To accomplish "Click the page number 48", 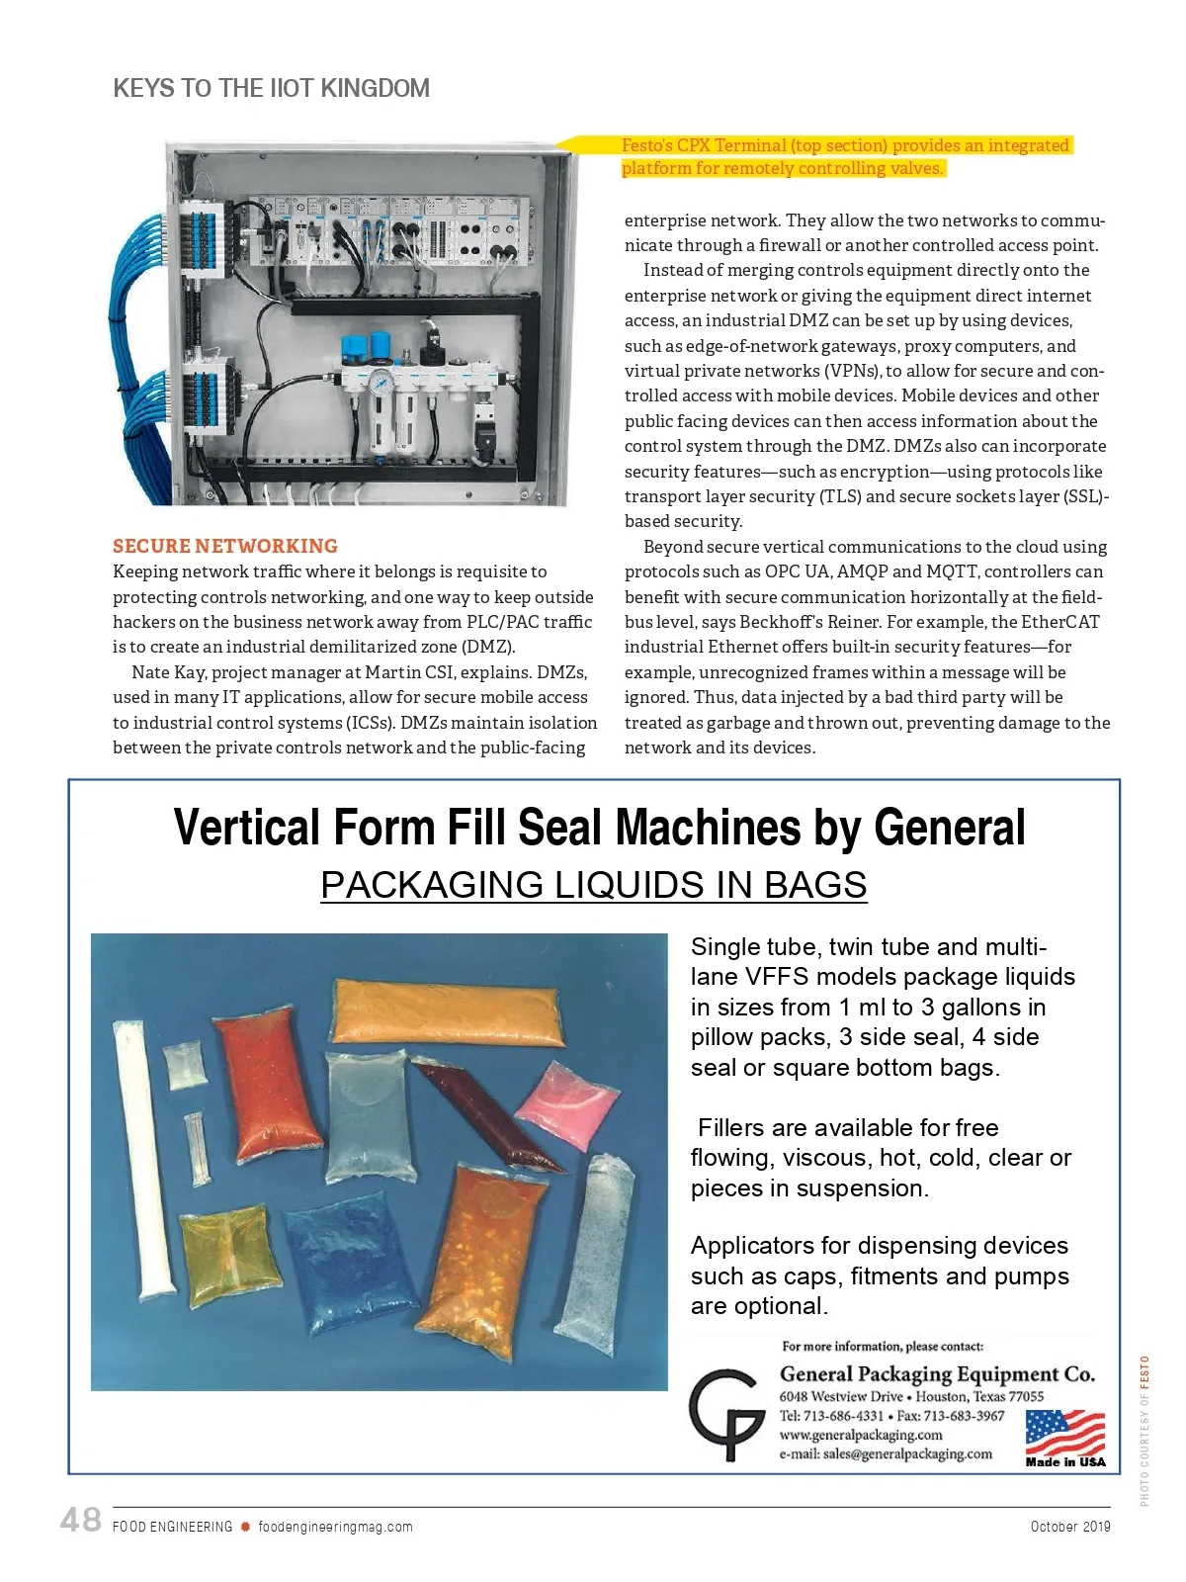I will tap(80, 1520).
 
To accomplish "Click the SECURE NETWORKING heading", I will tap(225, 546).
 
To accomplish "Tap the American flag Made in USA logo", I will tap(1064, 1438).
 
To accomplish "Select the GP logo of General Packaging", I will tap(726, 1414).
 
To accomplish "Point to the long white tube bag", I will tap(143, 1157).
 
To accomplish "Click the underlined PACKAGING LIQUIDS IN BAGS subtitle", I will tap(594, 884).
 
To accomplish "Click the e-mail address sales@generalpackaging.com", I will tap(886, 1453).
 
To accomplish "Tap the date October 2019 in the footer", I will tap(1069, 1527).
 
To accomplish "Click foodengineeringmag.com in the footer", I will tap(335, 1527).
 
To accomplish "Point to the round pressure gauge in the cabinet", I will tap(382, 381).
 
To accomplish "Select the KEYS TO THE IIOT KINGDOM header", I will tap(272, 88).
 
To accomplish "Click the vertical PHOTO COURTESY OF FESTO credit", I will tap(1144, 1430).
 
